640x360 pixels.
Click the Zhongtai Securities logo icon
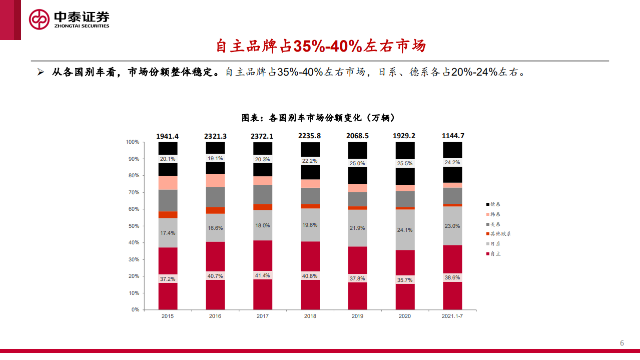(x=39, y=19)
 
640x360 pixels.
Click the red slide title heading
(x=320, y=46)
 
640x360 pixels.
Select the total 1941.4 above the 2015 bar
(x=168, y=136)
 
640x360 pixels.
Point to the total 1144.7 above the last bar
(x=452, y=136)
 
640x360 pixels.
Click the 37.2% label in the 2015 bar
(x=168, y=279)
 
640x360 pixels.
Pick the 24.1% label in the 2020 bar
(x=405, y=230)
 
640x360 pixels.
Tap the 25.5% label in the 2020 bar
(x=405, y=163)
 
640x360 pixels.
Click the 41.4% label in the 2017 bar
(x=263, y=275)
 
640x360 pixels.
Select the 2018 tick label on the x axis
(x=310, y=316)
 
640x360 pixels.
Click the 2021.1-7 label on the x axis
(x=452, y=316)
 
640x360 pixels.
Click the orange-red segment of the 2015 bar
(x=168, y=215)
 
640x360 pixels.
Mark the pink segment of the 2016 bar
(x=215, y=180)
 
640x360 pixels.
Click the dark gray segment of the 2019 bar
(x=357, y=199)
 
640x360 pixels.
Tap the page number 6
(x=622, y=343)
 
